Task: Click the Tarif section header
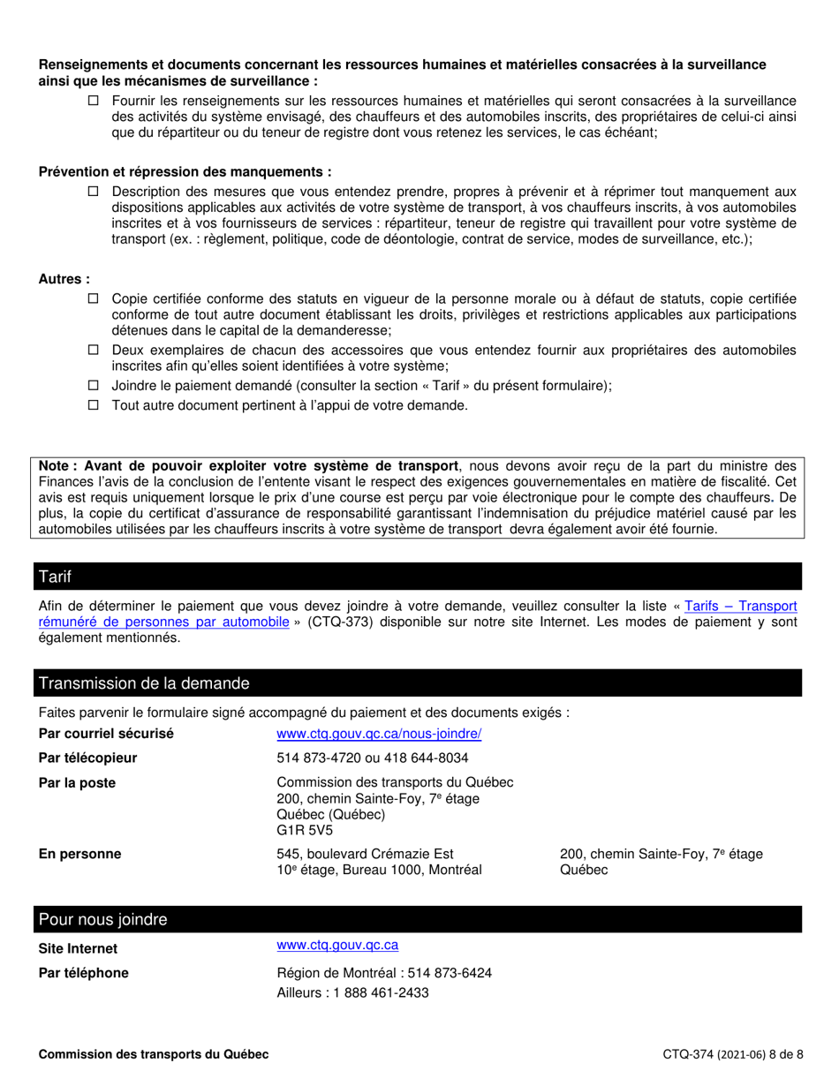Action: tap(55, 577)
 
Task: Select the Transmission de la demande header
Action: tap(144, 683)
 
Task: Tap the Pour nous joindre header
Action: tap(102, 920)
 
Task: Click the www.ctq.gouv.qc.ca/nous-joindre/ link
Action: tap(379, 734)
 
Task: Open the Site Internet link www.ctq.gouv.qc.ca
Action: tap(337, 946)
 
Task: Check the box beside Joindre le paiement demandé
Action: tap(94, 386)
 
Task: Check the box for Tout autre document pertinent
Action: tap(94, 405)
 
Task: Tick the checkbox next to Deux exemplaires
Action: tap(94, 351)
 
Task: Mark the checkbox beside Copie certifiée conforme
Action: tap(94, 299)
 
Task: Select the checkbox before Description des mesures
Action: tap(94, 192)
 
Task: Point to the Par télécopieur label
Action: tap(87, 758)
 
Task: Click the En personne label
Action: tap(79, 854)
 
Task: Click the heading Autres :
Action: tap(64, 279)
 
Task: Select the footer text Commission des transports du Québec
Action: tap(154, 1054)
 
